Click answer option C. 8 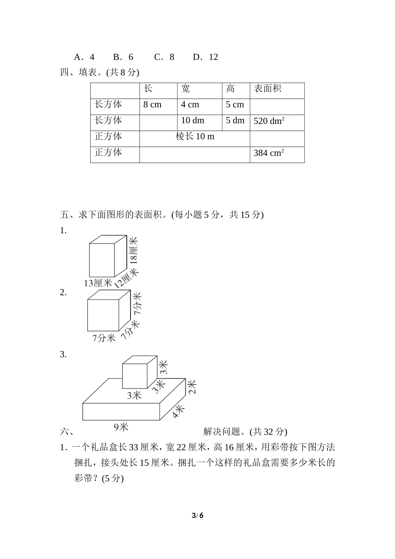[x=164, y=57]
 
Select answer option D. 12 [x=205, y=57]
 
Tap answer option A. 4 [x=84, y=57]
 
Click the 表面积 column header [x=268, y=89]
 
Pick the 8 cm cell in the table [x=152, y=105]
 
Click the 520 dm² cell [x=269, y=121]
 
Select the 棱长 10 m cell [x=195, y=137]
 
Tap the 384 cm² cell [x=269, y=153]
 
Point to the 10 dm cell [x=193, y=121]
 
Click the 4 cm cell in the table [x=190, y=105]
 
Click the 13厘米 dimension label [x=98, y=283]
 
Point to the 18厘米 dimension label [x=133, y=250]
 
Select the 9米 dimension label [x=121, y=427]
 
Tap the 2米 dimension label [x=192, y=386]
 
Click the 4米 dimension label [x=178, y=411]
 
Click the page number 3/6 [x=197, y=516]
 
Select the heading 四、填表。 [x=81, y=73]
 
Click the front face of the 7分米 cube [x=103, y=315]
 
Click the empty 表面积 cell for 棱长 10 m [x=277, y=137]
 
